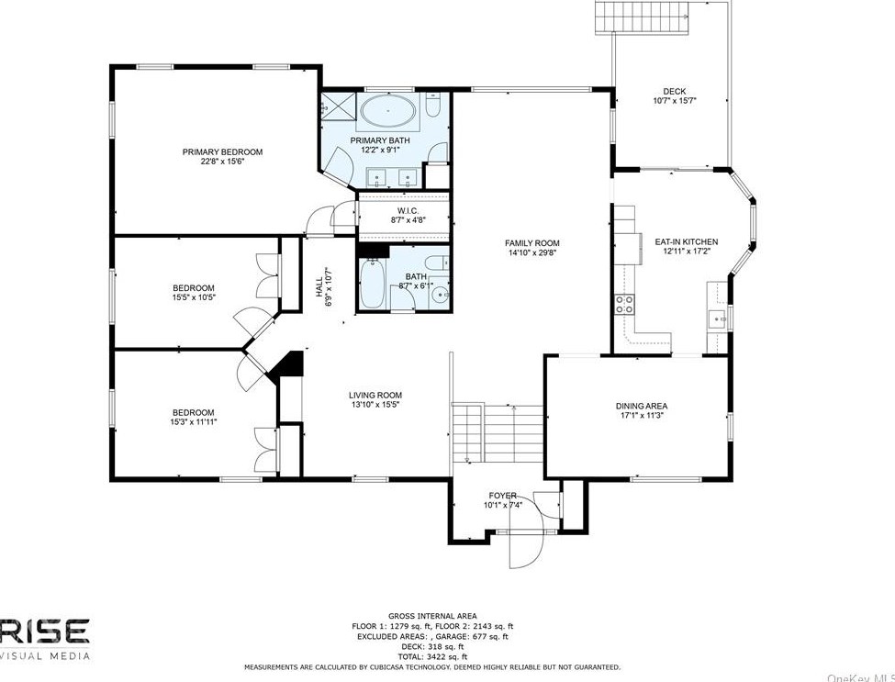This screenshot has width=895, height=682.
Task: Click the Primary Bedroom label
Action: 222,151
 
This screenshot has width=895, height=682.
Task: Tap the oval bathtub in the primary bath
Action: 386,113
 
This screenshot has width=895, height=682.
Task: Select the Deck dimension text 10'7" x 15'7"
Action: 675,101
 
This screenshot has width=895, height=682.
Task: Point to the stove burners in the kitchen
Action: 626,304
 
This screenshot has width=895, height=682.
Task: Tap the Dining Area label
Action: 641,406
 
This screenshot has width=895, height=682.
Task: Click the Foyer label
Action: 502,496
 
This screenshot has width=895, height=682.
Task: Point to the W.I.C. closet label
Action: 408,211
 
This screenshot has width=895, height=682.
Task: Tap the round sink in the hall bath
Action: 441,295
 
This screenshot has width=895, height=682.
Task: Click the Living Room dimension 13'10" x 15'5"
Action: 375,404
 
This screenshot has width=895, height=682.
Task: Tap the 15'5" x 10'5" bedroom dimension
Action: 195,296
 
